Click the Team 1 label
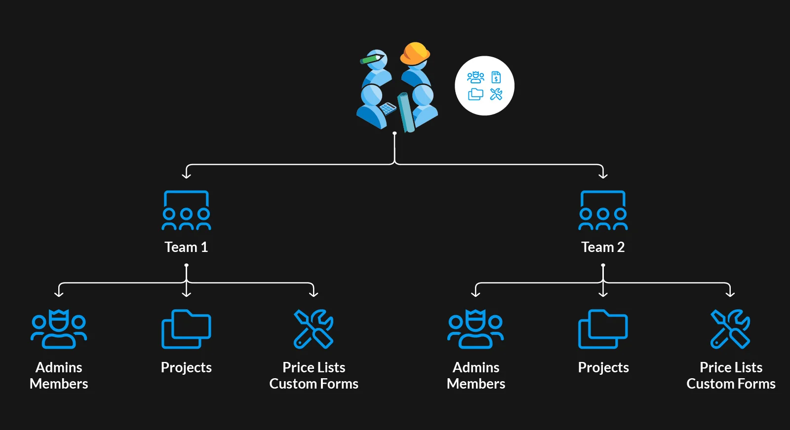tap(186, 247)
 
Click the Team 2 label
tap(603, 247)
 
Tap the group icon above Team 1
tap(186, 211)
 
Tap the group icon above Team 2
tap(603, 211)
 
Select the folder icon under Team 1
tap(186, 329)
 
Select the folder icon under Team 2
tap(603, 329)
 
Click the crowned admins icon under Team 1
tap(59, 329)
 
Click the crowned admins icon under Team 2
tap(475, 329)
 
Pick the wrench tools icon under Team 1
tap(314, 329)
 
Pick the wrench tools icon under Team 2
tap(730, 329)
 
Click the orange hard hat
tap(415, 53)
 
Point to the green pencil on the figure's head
tap(371, 59)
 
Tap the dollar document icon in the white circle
tap(496, 77)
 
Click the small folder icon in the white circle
tap(475, 94)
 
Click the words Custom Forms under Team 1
tap(314, 384)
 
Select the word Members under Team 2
tap(475, 384)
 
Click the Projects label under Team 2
tap(603, 367)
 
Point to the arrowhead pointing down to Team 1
tap(186, 175)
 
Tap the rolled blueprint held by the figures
tap(406, 112)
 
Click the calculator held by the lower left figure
tap(388, 108)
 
